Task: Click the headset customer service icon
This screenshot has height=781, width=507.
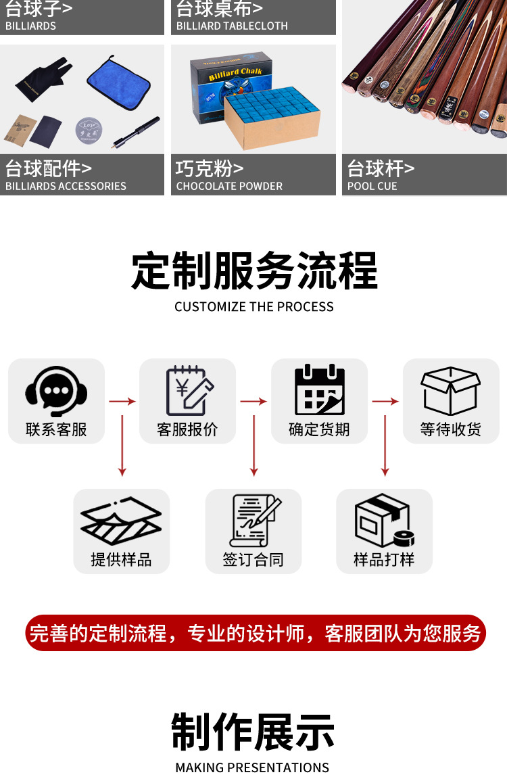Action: pos(56,391)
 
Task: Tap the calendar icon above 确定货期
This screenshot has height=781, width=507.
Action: pos(319,390)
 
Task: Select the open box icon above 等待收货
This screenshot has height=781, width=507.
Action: pos(450,390)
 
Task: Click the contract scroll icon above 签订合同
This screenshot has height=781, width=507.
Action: pos(254,520)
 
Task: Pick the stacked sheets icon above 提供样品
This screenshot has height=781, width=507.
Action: pos(121,521)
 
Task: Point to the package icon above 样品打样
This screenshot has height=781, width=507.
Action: pos(383,520)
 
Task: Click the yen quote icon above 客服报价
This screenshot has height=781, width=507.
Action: pos(188,390)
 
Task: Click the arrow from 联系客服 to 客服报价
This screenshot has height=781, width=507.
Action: pos(122,402)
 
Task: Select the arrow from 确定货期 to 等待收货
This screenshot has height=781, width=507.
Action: pos(385,402)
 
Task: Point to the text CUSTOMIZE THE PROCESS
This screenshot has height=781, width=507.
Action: pos(254,306)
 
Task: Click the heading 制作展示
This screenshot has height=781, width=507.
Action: pos(253,732)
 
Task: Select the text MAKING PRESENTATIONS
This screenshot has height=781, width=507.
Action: pos(252,767)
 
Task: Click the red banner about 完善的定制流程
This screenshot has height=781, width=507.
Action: pos(256,633)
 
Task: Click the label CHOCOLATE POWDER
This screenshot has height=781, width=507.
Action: pos(229,186)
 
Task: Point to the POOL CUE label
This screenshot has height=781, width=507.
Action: pos(372,186)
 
